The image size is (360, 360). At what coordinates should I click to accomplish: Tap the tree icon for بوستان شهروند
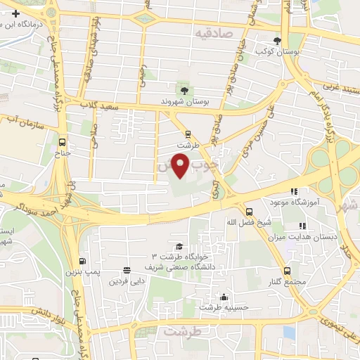coord(185,90)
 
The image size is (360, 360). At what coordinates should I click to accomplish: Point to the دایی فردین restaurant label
coord(127,281)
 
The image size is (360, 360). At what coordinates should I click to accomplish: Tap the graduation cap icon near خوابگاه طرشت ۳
coord(179,246)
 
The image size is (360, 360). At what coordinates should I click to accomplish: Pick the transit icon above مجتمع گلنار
coord(287,271)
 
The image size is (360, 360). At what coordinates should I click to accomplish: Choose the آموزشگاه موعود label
coord(295,202)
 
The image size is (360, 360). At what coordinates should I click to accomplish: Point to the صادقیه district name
coord(213,32)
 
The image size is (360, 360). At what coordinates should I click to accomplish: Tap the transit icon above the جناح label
coord(63,140)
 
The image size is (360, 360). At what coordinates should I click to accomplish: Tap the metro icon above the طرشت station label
coord(188,133)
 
